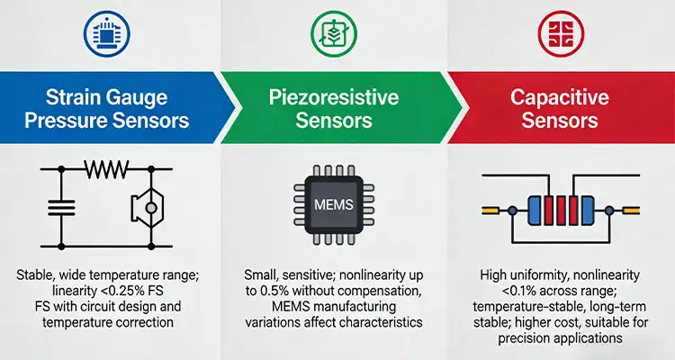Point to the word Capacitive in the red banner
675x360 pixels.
tap(558, 96)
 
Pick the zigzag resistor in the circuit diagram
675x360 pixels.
tap(106, 167)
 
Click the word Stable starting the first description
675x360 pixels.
tap(37, 274)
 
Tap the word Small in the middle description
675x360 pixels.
tap(261, 274)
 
